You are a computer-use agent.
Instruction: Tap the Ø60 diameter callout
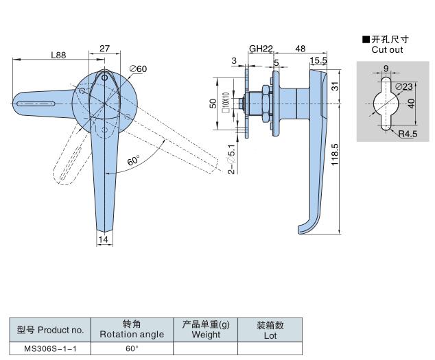tap(138, 69)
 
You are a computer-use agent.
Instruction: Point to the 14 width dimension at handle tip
tap(104, 239)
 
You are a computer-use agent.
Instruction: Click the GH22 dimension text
tap(261, 49)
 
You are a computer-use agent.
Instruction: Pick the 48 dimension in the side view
tap(300, 49)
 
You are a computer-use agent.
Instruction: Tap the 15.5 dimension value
tap(318, 61)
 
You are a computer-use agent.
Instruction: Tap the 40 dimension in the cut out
tap(410, 103)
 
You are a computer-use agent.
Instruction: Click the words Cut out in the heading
tap(388, 50)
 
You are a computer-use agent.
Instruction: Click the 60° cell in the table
tap(132, 348)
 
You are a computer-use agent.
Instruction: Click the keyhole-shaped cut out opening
tap(384, 103)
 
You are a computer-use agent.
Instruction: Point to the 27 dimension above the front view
tap(105, 49)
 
